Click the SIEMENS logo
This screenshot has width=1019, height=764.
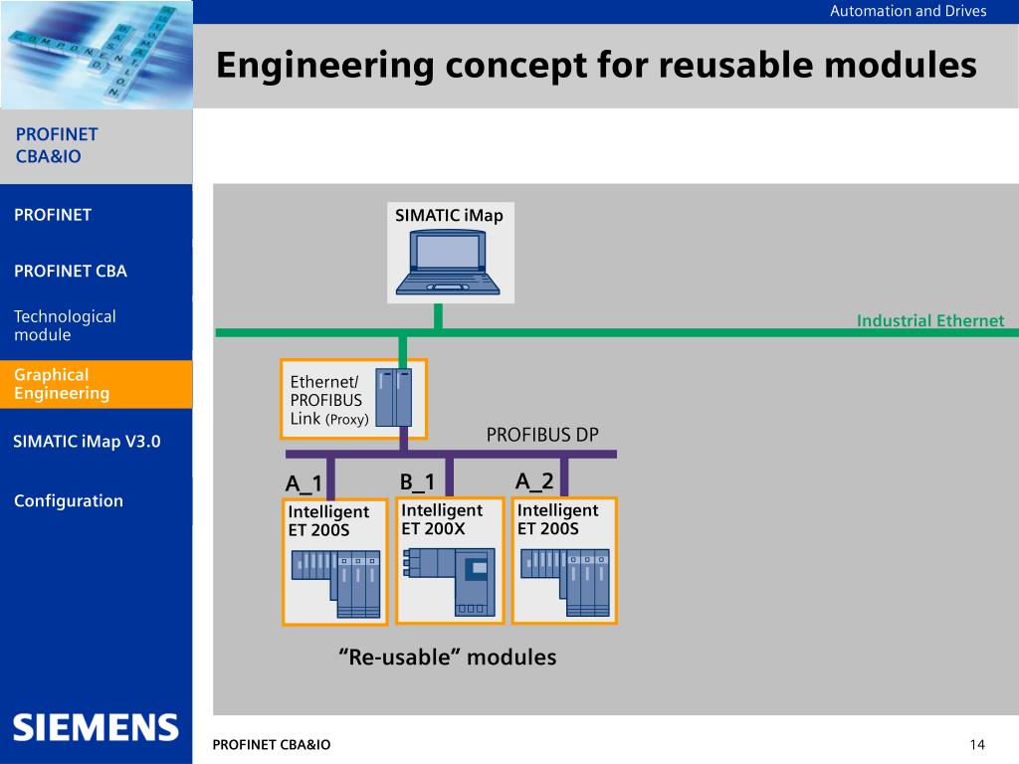tap(96, 727)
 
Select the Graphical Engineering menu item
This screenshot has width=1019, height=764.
tap(62, 384)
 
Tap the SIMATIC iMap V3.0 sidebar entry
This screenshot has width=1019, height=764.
tap(87, 442)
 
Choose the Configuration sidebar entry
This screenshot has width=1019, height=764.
tap(69, 501)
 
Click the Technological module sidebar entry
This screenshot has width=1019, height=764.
tap(65, 325)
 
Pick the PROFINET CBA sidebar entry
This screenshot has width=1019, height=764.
tap(71, 271)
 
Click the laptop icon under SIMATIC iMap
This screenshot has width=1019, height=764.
tap(448, 263)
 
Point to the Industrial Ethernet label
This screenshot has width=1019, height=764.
tap(930, 320)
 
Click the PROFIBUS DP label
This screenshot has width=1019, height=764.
tap(542, 435)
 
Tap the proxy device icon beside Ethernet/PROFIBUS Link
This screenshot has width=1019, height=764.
tap(394, 397)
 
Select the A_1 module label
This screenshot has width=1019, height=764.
tap(304, 483)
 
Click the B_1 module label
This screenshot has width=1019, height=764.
tap(417, 482)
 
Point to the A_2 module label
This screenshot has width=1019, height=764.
tap(534, 480)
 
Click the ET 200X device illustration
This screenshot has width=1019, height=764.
tap(449, 581)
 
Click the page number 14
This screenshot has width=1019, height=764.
tap(977, 744)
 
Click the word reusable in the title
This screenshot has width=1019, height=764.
tap(733, 65)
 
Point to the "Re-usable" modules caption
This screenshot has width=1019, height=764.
tap(447, 657)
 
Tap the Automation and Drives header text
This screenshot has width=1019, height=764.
tap(908, 11)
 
